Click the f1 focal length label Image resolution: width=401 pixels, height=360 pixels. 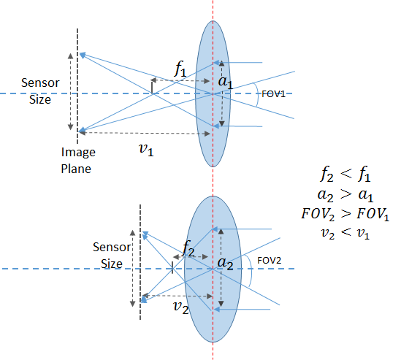[180, 69]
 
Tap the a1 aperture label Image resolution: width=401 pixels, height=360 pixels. [226, 82]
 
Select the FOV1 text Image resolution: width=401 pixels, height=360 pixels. [273, 94]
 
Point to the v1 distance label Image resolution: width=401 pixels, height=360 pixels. [146, 149]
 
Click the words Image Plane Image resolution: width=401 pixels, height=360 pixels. [78, 161]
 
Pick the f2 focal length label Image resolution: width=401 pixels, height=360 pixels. [188, 249]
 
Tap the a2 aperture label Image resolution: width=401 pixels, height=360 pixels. [225, 264]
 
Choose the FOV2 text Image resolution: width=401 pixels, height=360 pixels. [269, 261]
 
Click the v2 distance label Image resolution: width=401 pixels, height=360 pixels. [181, 307]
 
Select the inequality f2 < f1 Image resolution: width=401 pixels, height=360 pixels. [345, 174]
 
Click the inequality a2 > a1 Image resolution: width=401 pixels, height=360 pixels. [345, 194]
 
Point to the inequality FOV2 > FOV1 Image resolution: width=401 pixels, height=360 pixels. [345, 214]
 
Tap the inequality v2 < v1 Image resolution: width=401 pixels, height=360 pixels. [345, 233]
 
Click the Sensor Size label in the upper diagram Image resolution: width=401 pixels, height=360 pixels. [40, 91]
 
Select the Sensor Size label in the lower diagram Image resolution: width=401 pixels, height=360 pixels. [112, 255]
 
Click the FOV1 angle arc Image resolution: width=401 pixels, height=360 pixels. [257, 94]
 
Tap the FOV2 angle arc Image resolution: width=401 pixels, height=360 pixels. [251, 270]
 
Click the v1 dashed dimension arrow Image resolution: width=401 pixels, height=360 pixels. [144, 133]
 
